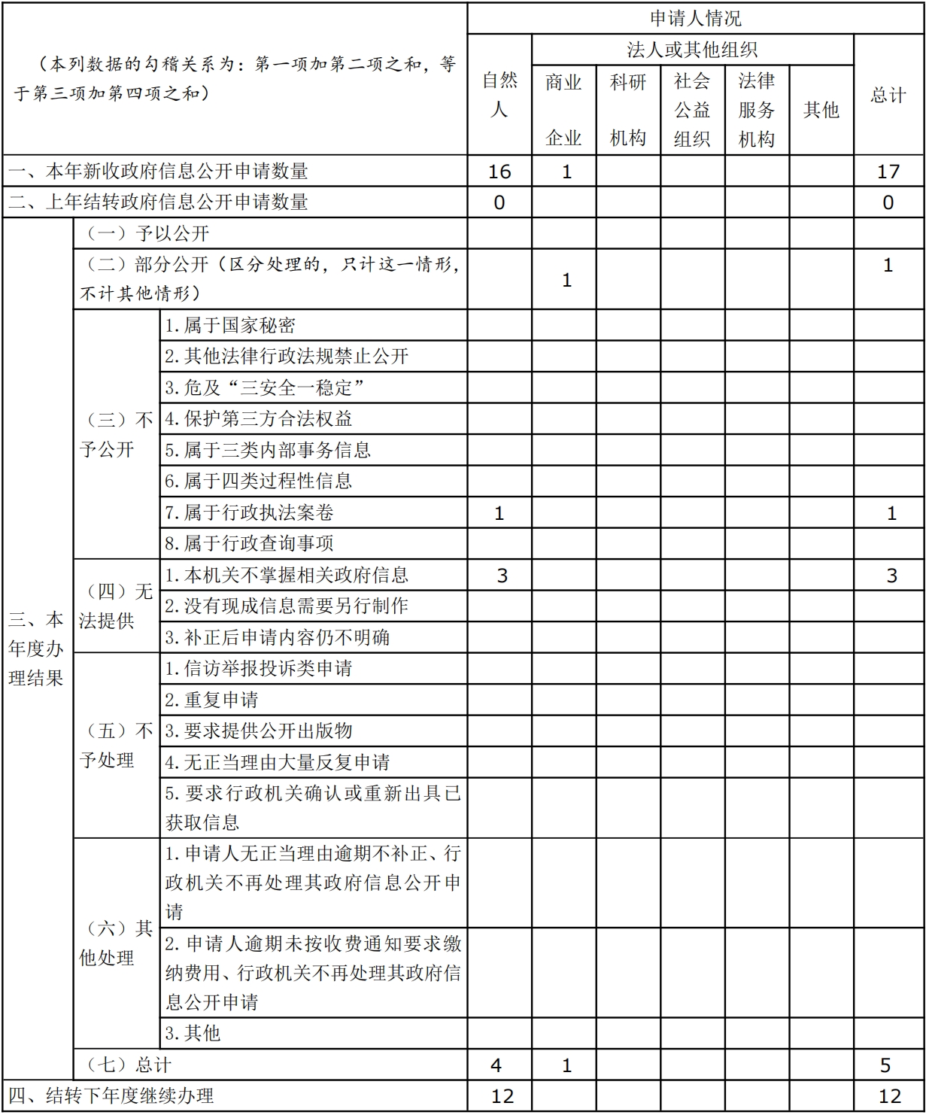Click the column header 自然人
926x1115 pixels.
499,95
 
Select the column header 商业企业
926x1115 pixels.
564,110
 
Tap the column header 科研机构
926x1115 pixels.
628,110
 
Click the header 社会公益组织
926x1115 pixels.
692,110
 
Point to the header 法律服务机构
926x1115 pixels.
757,110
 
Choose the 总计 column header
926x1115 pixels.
888,95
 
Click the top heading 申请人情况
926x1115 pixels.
695,18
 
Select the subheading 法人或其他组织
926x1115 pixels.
692,50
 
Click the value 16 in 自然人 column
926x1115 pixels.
499,172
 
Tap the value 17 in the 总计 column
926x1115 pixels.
888,172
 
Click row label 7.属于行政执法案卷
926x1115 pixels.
249,512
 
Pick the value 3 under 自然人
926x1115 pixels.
502,576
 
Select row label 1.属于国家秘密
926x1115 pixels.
230,326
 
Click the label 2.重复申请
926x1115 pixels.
211,700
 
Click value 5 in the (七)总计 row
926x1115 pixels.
885,1065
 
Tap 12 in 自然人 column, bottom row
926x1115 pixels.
502,1096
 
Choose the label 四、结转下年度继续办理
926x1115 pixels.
111,1096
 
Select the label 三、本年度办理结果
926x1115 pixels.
36,649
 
